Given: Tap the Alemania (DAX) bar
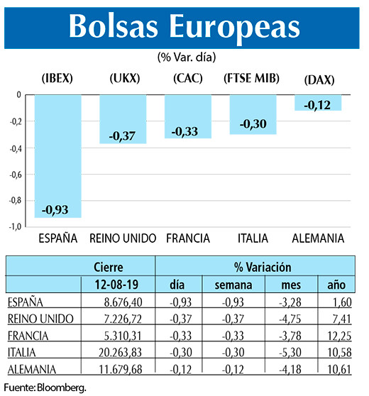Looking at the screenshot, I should pos(318,102).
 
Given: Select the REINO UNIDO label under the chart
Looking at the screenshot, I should pos(122,238).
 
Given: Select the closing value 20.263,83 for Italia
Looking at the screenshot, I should pos(116,352).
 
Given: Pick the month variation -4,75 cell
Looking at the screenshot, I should pos(286,318).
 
